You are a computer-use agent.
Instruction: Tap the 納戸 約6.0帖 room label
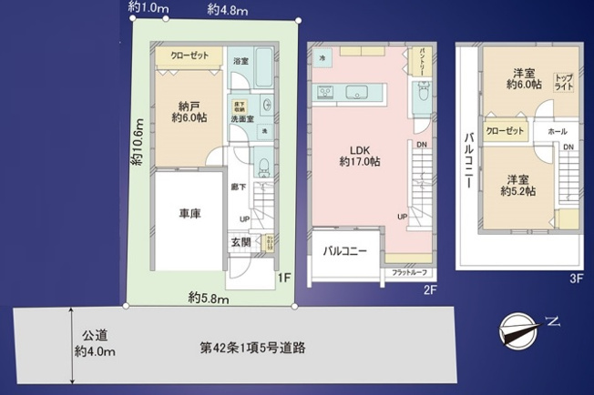point(189,111)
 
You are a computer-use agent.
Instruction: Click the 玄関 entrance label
point(241,242)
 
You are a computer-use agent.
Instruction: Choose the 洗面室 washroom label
point(241,117)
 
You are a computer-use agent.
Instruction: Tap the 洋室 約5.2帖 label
point(517,186)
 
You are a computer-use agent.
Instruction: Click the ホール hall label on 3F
point(558,132)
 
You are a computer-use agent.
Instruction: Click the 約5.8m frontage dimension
point(208,298)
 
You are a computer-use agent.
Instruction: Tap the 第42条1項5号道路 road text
point(252,348)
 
